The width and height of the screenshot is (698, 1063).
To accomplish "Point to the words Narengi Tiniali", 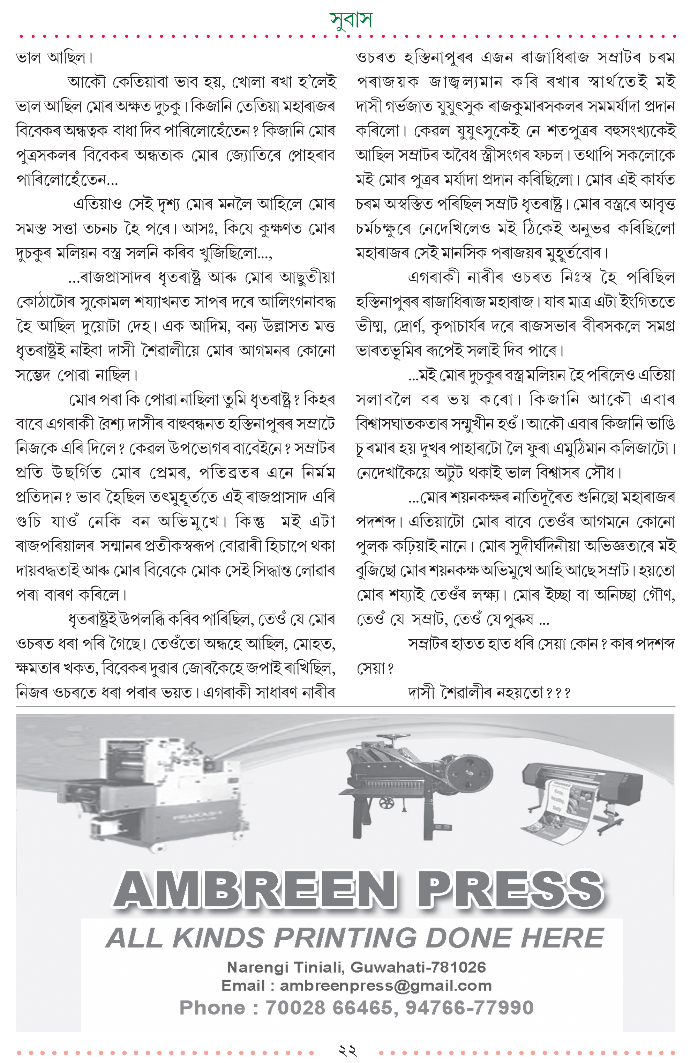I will click(x=285, y=967).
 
